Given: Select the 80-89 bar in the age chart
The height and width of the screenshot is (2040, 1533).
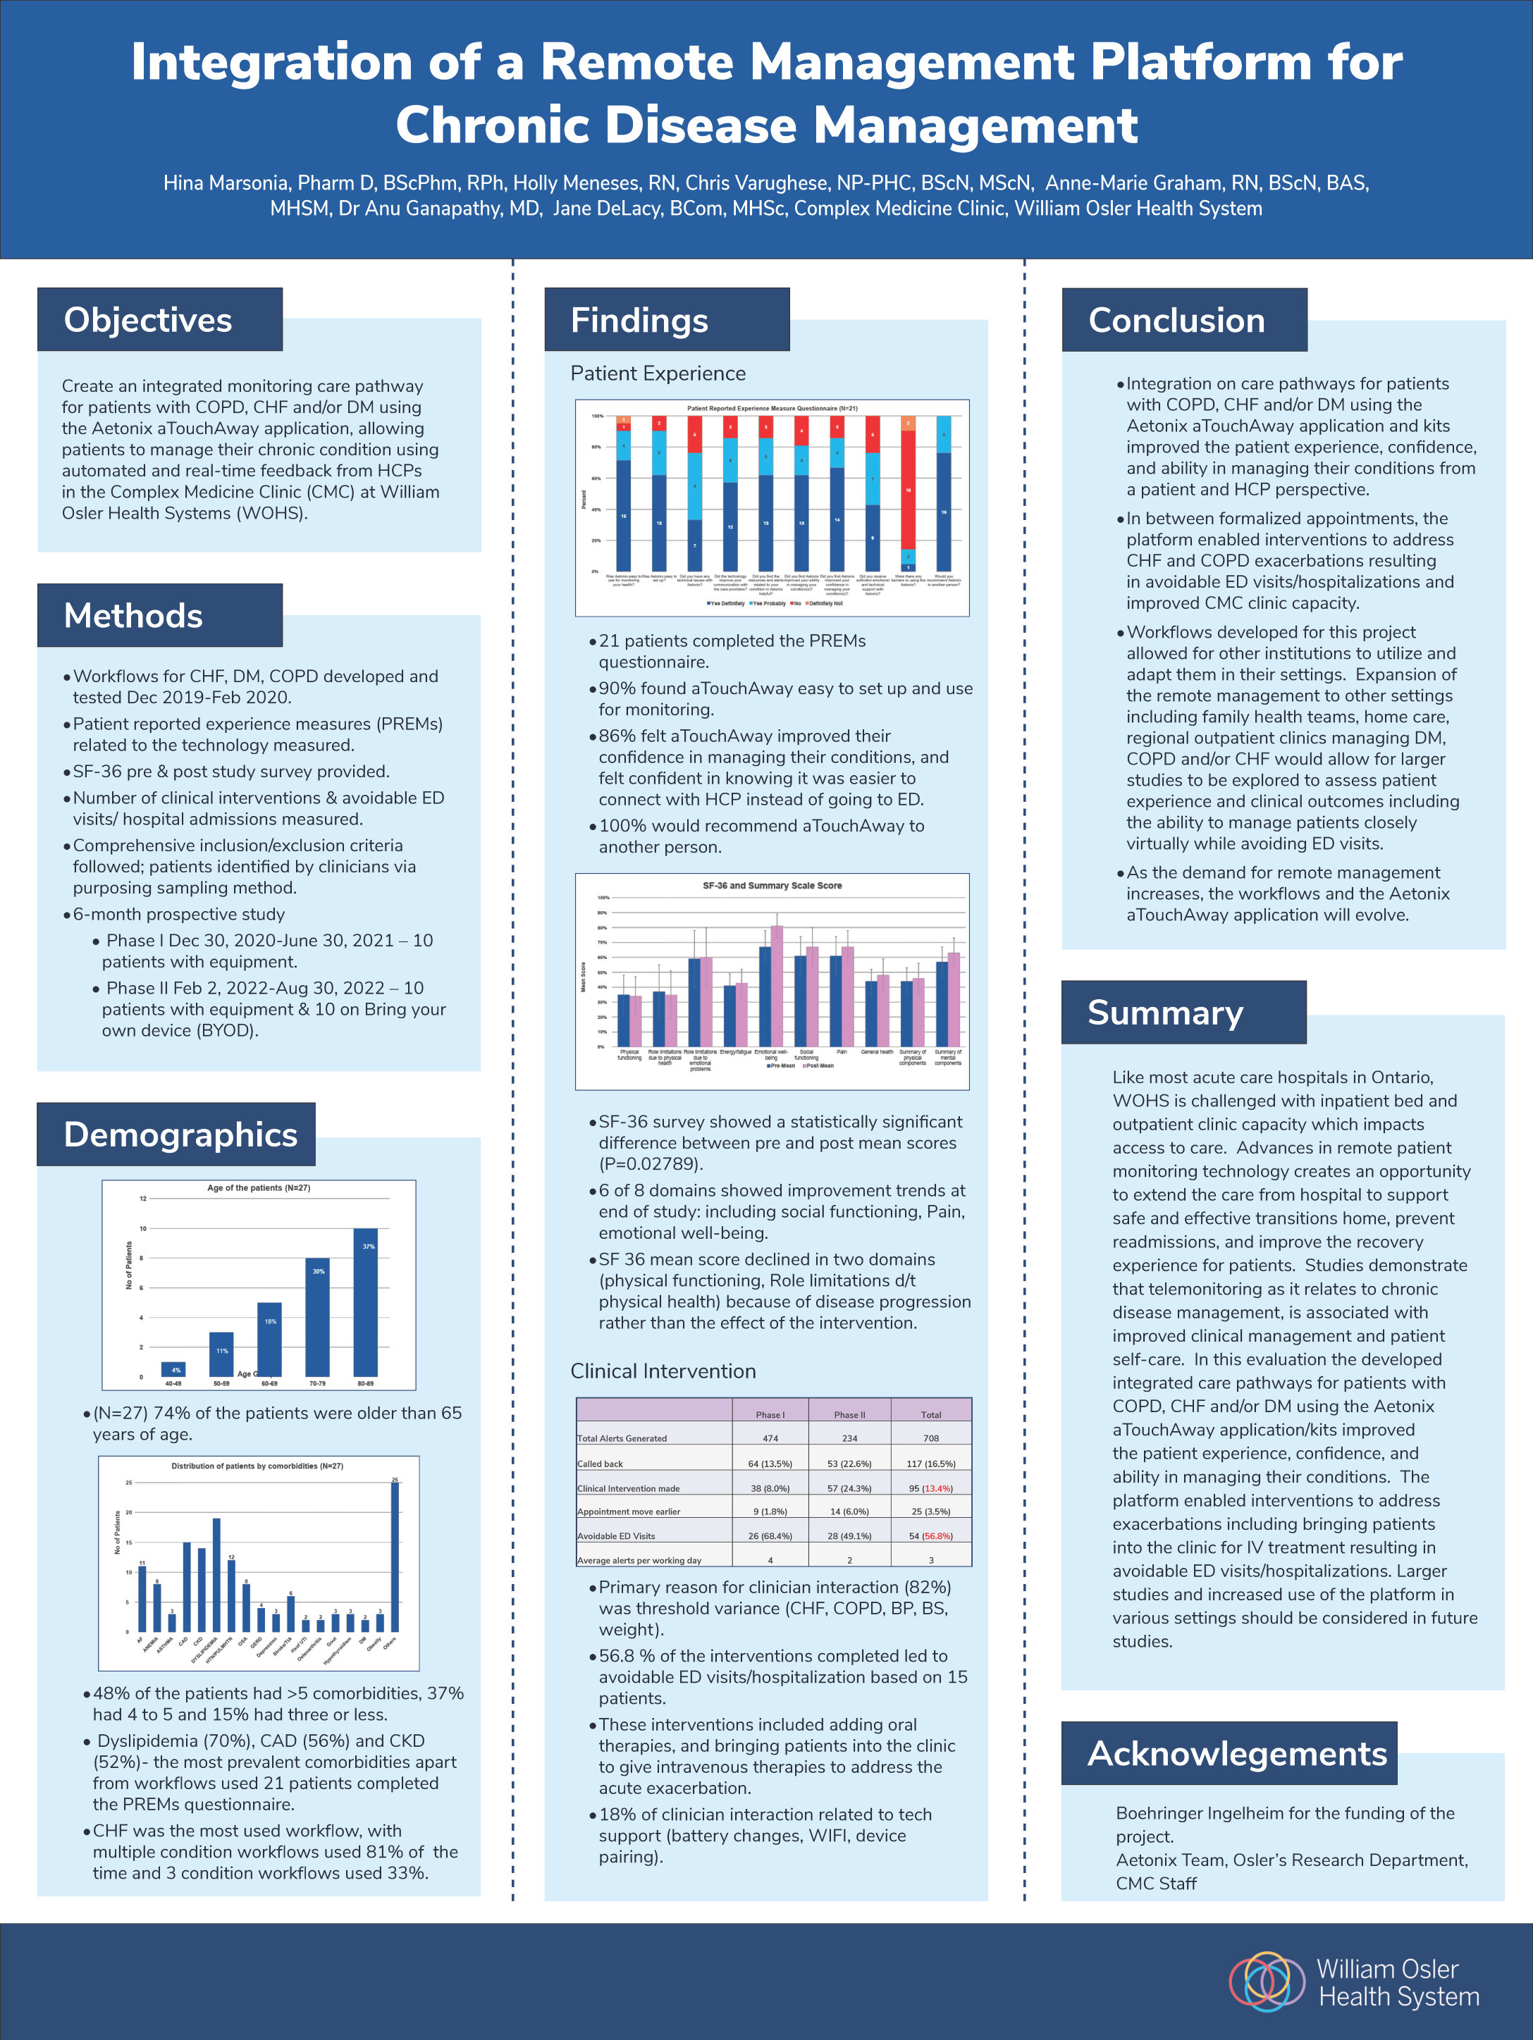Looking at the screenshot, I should pyautogui.click(x=365, y=1302).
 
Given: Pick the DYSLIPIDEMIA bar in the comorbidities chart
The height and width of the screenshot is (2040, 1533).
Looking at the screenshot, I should pyautogui.click(x=216, y=1575).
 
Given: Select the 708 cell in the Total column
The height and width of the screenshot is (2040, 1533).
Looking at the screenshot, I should pyautogui.click(x=930, y=1438).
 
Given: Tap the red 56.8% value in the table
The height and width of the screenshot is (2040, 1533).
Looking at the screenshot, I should pyautogui.click(x=937, y=1535).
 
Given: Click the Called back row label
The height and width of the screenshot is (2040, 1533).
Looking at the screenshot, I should pyautogui.click(x=601, y=1464).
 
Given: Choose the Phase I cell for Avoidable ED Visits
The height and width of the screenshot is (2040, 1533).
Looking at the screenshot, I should pyautogui.click(x=770, y=1535).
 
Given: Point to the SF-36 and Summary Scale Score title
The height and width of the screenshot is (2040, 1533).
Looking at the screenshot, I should pyautogui.click(x=772, y=885).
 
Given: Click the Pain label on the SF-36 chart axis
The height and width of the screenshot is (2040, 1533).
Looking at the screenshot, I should pyautogui.click(x=842, y=1051).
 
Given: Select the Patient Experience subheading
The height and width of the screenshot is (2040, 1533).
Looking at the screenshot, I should pyautogui.click(x=658, y=373).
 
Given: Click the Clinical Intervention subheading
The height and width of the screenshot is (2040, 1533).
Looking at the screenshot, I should pyautogui.click(x=663, y=1371).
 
